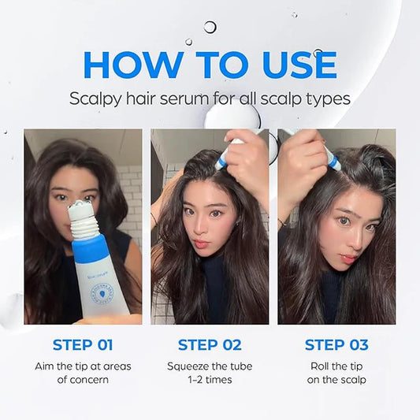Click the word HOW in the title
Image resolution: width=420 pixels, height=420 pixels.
(x=131, y=65)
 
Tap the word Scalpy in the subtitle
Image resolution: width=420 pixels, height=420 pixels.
(x=94, y=100)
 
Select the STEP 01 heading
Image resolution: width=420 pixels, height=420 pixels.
(x=83, y=344)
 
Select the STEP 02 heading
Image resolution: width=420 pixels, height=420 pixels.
(x=209, y=344)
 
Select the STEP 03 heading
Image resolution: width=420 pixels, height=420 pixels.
(x=336, y=344)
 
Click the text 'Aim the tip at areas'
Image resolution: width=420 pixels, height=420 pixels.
(x=83, y=366)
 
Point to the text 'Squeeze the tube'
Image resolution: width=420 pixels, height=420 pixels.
(x=209, y=366)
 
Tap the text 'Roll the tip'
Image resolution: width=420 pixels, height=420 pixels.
(x=336, y=366)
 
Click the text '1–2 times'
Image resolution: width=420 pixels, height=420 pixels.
(x=209, y=380)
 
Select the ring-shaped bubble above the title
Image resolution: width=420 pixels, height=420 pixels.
(x=210, y=27)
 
